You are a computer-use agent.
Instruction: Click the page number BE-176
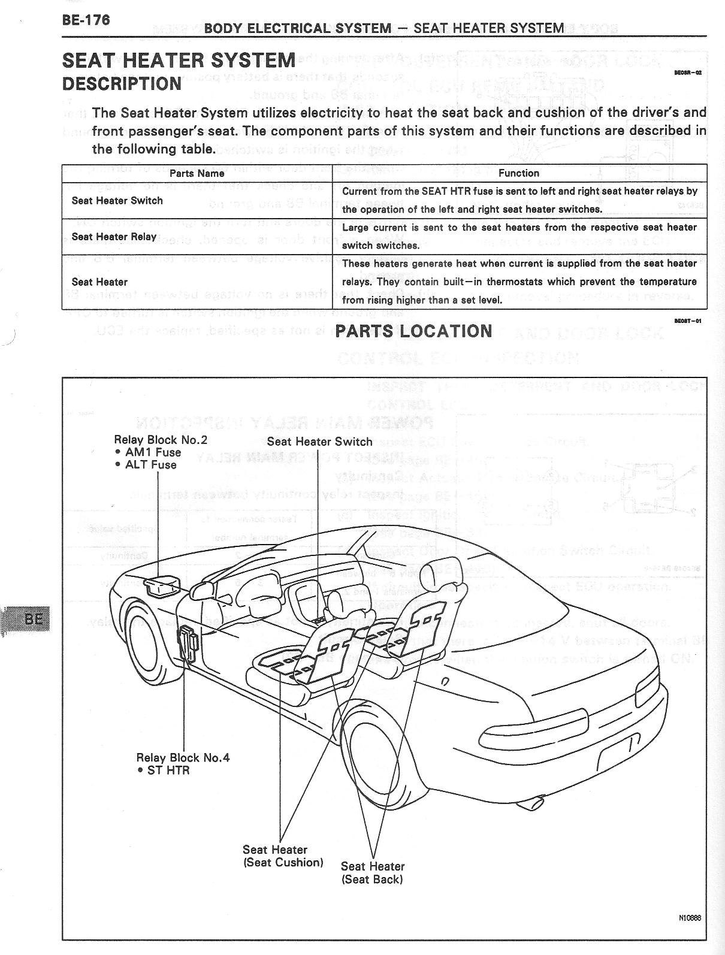(x=86, y=20)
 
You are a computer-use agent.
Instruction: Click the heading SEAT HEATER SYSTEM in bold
(x=179, y=61)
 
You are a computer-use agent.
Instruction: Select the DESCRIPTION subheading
(x=122, y=84)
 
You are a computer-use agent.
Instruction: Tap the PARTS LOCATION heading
(x=413, y=331)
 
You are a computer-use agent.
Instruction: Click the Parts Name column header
(x=197, y=173)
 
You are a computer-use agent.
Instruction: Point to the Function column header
(x=519, y=173)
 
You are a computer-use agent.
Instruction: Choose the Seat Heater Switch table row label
(x=117, y=201)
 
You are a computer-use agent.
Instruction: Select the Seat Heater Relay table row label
(x=114, y=237)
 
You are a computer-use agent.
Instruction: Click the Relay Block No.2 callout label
(x=161, y=440)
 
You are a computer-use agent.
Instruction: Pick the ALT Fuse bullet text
(x=150, y=464)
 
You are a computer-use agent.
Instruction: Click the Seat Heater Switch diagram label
(x=319, y=442)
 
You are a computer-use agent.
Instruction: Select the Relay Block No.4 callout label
(x=183, y=757)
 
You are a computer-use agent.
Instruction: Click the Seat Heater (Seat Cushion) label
(x=283, y=856)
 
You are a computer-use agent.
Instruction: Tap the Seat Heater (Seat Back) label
(x=373, y=873)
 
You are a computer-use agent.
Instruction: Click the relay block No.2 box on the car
(x=162, y=585)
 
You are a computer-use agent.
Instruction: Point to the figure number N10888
(x=690, y=917)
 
